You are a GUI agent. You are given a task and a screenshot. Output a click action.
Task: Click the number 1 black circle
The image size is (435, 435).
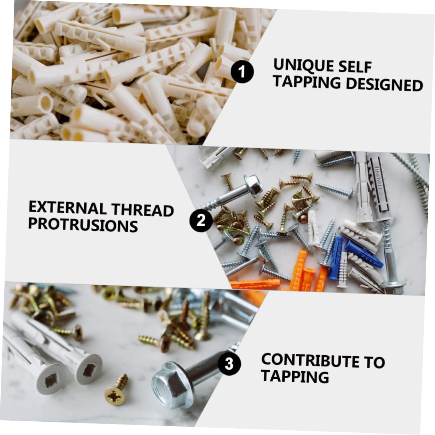pos(242,72)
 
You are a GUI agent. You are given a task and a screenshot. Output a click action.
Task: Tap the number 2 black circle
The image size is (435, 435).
pos(201,220)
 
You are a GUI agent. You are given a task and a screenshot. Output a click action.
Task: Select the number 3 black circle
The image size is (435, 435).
pos(229,364)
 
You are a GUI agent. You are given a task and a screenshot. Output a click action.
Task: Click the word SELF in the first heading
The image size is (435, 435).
pos(357,67)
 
